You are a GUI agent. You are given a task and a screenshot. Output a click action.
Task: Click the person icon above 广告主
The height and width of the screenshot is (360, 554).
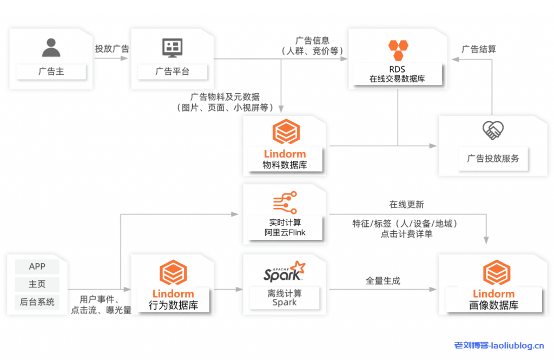tap(51, 48)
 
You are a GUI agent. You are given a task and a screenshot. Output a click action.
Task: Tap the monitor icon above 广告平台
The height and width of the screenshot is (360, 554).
tap(173, 48)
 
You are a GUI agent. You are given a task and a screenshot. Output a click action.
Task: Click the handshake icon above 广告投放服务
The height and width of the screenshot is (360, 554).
tap(493, 130)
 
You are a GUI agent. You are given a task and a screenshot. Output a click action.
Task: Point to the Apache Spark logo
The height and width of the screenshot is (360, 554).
tap(282, 272)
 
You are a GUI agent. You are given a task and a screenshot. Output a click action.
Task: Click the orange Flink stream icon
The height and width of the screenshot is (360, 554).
tap(285, 203)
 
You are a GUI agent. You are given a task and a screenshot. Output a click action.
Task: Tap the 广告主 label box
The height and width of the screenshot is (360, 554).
tap(51, 71)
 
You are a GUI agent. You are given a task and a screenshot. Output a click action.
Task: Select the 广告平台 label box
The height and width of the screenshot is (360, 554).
tap(173, 71)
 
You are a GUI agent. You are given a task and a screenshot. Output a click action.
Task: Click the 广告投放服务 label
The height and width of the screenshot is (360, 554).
tap(493, 158)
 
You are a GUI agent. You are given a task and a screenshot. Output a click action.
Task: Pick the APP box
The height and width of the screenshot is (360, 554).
tap(37, 266)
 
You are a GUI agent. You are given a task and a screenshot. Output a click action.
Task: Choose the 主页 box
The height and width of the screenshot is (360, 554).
tap(37, 284)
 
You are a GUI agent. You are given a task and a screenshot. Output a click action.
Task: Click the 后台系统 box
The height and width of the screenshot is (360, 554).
tap(37, 302)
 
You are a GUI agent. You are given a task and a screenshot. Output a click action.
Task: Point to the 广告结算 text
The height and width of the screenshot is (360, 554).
tap(478, 49)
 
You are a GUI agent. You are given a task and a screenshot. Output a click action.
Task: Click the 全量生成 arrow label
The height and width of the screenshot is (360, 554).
tap(383, 281)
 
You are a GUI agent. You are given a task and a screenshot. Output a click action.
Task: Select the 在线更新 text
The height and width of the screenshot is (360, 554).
tap(406, 205)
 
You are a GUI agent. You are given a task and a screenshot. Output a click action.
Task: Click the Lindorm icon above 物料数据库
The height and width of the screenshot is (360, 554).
tap(285, 132)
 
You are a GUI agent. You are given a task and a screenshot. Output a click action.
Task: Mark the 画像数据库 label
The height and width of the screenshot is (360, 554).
tap(493, 305)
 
